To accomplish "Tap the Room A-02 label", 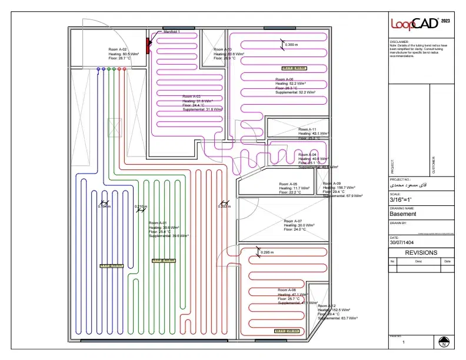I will point(118,49).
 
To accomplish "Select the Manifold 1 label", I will point(171,31).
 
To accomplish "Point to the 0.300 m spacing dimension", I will point(291,45).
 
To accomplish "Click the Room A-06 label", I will point(284,79).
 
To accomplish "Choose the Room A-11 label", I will point(307,129).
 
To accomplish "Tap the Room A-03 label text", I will point(191,96).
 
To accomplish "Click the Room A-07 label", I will point(292,221).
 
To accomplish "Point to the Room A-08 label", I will point(287,291).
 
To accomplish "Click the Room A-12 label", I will point(327,306).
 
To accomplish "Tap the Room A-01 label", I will point(158,223).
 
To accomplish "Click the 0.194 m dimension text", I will point(104,206).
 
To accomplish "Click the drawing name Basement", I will point(403,214).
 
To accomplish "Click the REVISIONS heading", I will point(421,252).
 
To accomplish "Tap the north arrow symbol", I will point(444,341).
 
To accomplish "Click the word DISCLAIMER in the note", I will point(401,42).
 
